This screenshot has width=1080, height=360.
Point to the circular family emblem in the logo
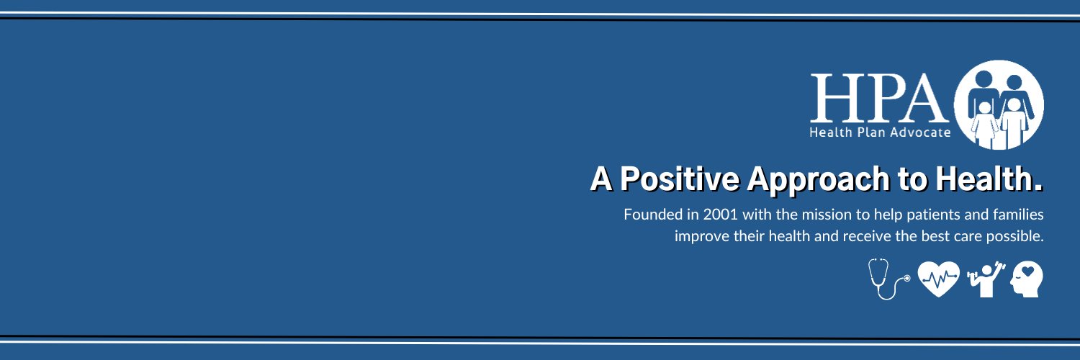998,104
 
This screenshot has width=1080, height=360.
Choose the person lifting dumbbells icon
984,279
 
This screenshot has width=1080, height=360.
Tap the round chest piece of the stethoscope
906,278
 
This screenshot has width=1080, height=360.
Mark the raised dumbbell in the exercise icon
996,267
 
